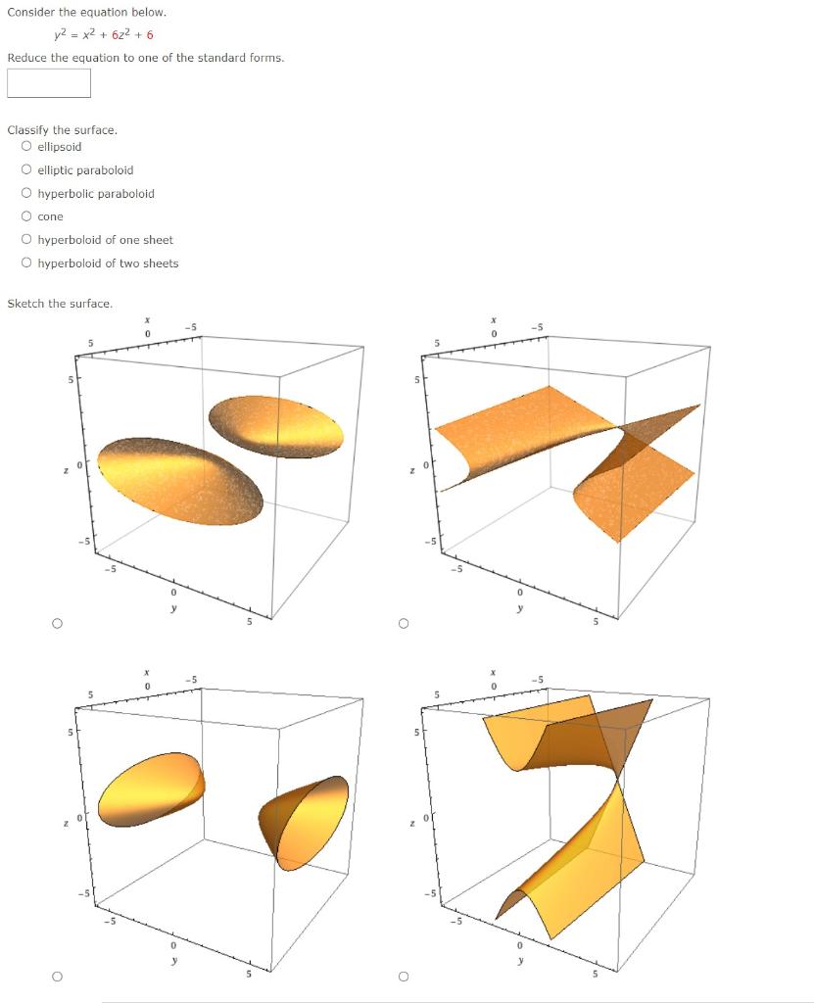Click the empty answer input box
(x=49, y=83)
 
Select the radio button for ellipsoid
(x=25, y=147)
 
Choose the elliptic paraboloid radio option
(x=25, y=170)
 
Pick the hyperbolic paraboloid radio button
(x=25, y=194)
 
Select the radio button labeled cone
(x=25, y=216)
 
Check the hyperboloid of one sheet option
(x=25, y=240)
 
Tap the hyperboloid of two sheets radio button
(x=25, y=263)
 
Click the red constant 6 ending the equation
(x=150, y=35)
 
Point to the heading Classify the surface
(x=62, y=130)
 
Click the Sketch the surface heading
(x=60, y=304)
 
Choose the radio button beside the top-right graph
(x=403, y=623)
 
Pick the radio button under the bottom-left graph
(x=58, y=976)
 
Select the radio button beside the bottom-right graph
(x=403, y=976)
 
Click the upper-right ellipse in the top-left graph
(x=277, y=426)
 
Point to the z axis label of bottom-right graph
(x=412, y=823)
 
